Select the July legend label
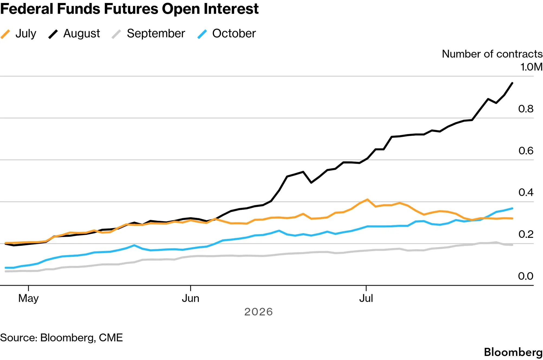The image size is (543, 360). pyautogui.click(x=26, y=34)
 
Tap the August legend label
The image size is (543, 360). pyautogui.click(x=82, y=34)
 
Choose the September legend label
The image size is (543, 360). pyautogui.click(x=156, y=34)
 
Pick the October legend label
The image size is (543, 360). pyautogui.click(x=234, y=34)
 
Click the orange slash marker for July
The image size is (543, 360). pyautogui.click(x=5, y=34)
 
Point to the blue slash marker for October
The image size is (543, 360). pyautogui.click(x=202, y=34)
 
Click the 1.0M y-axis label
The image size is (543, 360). pyautogui.click(x=531, y=67)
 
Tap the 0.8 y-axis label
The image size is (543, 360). pyautogui.click(x=526, y=109)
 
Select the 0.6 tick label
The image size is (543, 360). pyautogui.click(x=526, y=151)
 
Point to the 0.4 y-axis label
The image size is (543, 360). pyautogui.click(x=526, y=192)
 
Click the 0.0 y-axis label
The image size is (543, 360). pyautogui.click(x=526, y=276)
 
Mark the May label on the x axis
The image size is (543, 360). pyautogui.click(x=28, y=299)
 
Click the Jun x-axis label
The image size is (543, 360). pyautogui.click(x=190, y=299)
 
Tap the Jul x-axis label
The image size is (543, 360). pyautogui.click(x=366, y=299)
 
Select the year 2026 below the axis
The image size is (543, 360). pyautogui.click(x=258, y=312)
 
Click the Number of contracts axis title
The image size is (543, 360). pyautogui.click(x=492, y=54)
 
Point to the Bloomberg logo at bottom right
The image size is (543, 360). pyautogui.click(x=513, y=352)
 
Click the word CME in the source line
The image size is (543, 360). pyautogui.click(x=111, y=338)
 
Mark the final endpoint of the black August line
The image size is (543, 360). pyautogui.click(x=512, y=83)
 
